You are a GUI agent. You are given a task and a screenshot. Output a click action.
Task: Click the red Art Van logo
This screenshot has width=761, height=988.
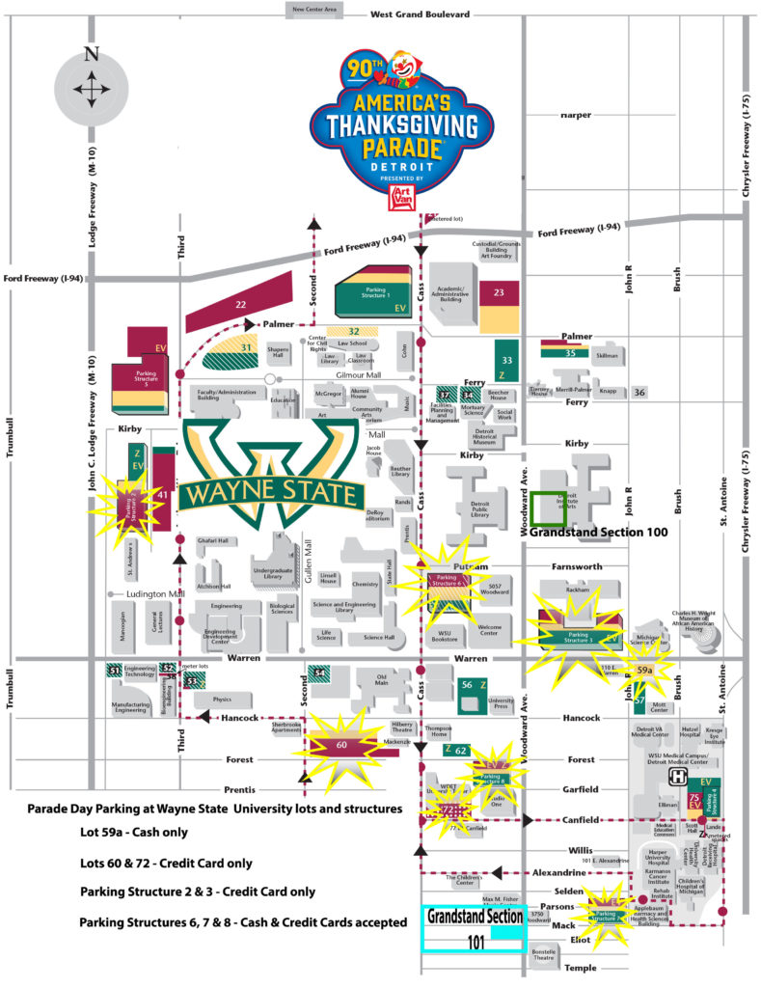pos(399,198)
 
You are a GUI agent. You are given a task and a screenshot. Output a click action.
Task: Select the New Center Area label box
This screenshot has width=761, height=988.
pos(314,10)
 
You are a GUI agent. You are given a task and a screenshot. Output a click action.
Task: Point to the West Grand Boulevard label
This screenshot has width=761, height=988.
pos(420,14)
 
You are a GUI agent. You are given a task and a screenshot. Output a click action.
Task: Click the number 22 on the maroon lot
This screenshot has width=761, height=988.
pos(240,304)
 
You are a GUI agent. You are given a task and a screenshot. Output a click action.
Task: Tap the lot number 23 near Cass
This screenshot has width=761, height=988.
pos(499,291)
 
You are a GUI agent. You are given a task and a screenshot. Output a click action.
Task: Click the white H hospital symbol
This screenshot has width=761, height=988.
pos(678,775)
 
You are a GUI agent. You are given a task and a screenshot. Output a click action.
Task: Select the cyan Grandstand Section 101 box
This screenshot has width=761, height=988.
pos(475,927)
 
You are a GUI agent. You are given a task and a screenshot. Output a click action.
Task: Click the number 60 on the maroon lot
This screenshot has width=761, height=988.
pos(341,744)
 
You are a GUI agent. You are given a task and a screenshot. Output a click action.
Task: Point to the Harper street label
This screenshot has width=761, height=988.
pos(576,115)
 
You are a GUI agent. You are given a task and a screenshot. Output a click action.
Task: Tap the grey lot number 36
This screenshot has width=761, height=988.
pos(639,392)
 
